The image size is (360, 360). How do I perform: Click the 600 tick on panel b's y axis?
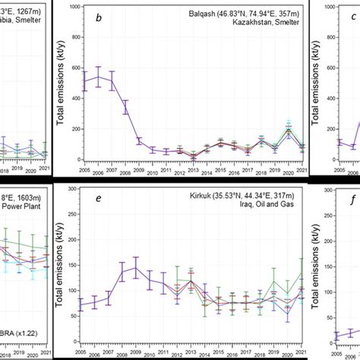coord(74,68)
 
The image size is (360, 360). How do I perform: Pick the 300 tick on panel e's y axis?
coord(74,189)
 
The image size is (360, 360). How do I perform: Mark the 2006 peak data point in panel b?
coord(98,76)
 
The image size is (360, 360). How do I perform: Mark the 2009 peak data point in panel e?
coord(136,267)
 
